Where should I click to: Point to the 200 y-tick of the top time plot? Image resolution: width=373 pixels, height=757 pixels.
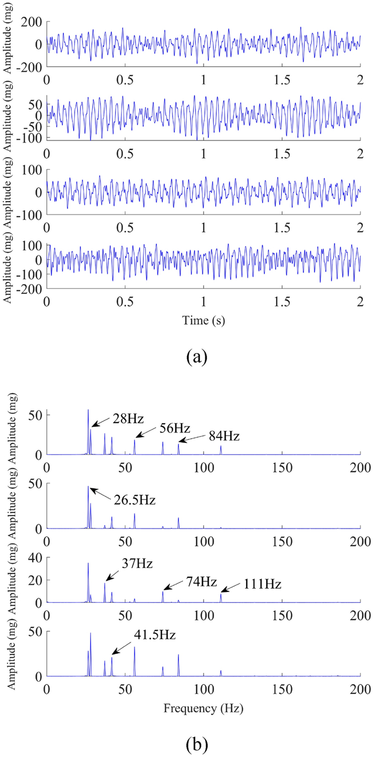pos(31,22)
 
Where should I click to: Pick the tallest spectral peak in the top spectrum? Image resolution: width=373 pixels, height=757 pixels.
pos(88,410)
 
